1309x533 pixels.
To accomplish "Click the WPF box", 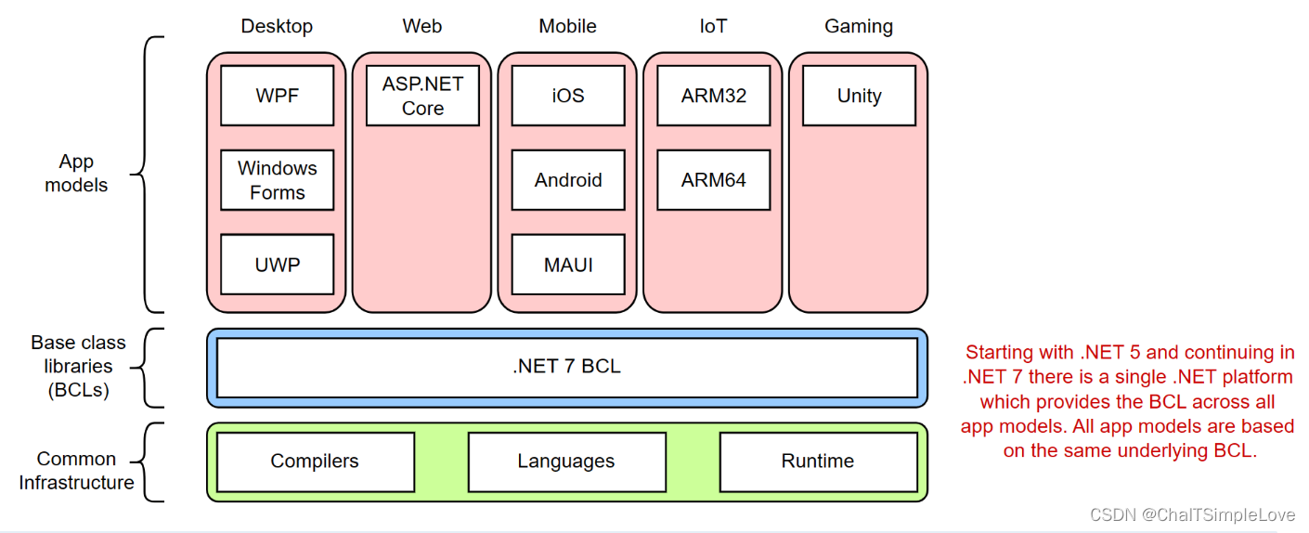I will click(277, 96).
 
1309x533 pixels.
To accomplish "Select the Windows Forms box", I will click(277, 180).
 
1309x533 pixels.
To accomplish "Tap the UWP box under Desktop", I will click(277, 265).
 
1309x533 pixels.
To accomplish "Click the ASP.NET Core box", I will click(422, 96).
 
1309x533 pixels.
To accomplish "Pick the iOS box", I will click(567, 96).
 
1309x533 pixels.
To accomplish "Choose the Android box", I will click(567, 180).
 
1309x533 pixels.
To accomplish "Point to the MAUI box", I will click(567, 265).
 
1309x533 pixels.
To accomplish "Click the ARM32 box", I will click(713, 96).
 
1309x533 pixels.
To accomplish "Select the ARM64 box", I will click(713, 180).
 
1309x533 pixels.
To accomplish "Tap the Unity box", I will click(859, 96).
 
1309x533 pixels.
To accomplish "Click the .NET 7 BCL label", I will click(566, 367).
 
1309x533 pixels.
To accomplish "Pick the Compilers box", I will click(315, 461).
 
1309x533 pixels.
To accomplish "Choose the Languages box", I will click(566, 461).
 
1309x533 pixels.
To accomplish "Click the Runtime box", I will click(818, 461).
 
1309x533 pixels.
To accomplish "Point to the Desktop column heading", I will click(277, 26).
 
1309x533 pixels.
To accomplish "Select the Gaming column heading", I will click(859, 26).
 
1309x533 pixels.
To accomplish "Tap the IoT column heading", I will click(713, 26).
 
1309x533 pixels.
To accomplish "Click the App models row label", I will click(76, 174).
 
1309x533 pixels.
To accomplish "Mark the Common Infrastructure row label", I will click(76, 471).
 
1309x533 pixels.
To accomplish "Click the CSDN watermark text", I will click(1192, 515).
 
